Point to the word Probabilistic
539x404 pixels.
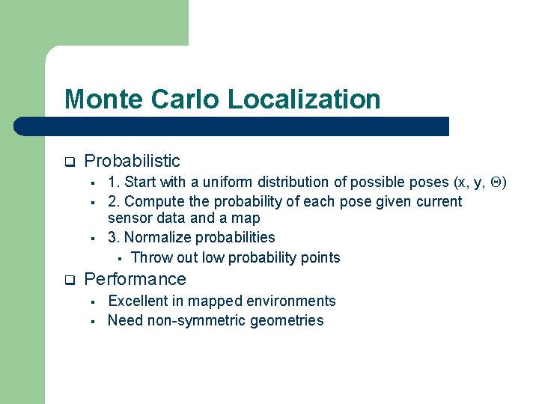(133, 161)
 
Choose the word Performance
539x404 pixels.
(135, 280)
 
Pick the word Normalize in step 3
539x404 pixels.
(157, 238)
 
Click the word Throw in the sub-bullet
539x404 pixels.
(150, 258)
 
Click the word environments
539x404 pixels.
(290, 301)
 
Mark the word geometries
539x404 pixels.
(287, 321)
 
